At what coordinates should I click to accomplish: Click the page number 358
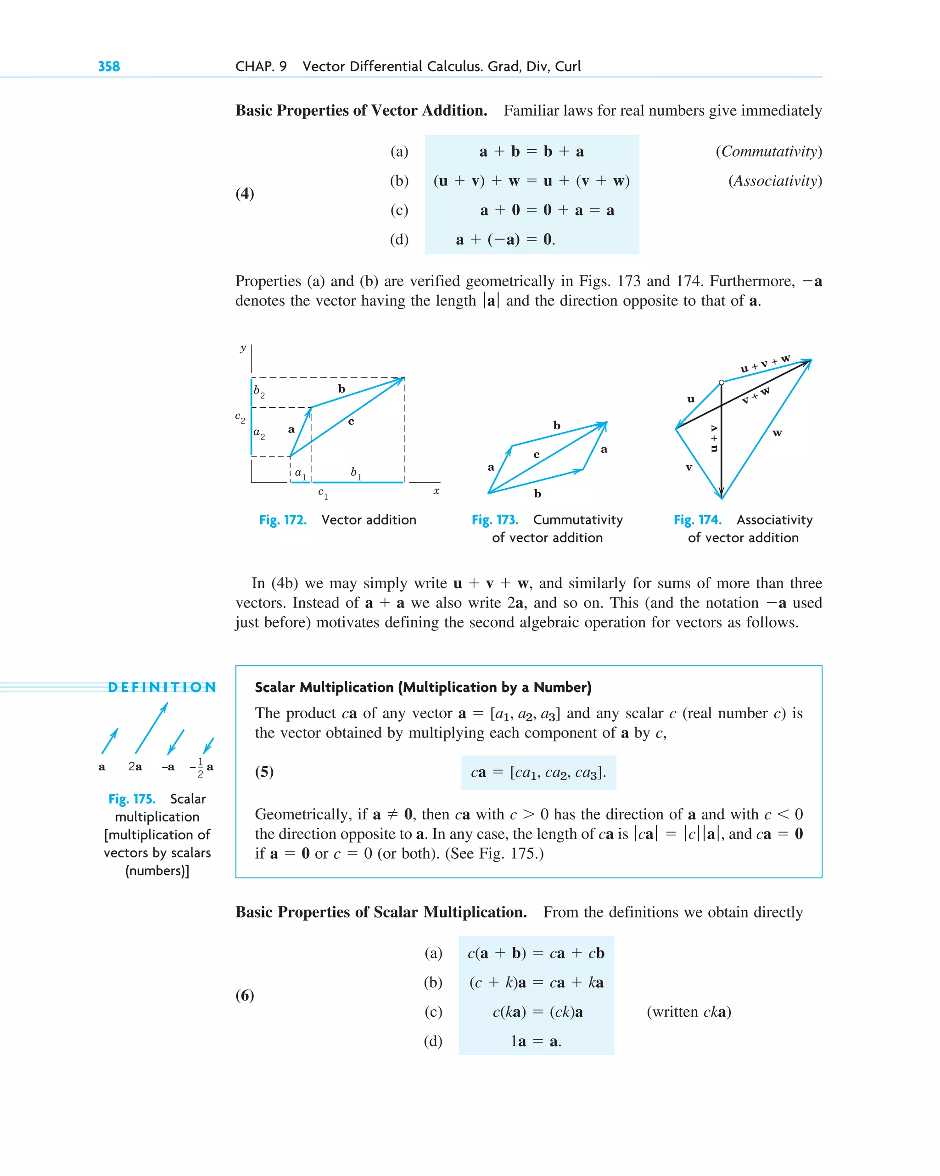click(x=109, y=67)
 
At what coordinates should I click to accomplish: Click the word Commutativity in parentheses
click(x=769, y=152)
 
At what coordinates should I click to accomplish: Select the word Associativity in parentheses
click(x=775, y=181)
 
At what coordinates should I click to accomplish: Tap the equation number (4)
click(x=245, y=194)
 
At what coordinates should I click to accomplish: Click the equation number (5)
click(x=264, y=772)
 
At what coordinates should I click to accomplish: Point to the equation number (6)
click(x=245, y=996)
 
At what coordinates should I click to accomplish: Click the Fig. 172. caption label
click(x=282, y=520)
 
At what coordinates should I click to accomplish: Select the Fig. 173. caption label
click(x=494, y=520)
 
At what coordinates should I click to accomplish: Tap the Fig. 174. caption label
click(x=697, y=520)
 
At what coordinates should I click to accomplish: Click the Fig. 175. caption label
click(x=131, y=799)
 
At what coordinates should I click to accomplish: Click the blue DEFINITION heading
click(x=162, y=687)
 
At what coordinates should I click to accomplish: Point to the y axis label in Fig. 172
click(x=243, y=348)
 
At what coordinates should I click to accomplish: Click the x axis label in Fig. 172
click(x=436, y=491)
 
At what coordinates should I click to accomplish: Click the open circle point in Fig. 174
click(x=722, y=383)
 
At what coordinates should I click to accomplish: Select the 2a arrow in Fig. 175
click(x=151, y=728)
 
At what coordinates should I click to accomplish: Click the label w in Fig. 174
click(x=778, y=433)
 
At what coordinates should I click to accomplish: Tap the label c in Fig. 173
click(x=537, y=454)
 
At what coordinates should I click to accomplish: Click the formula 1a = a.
click(x=536, y=1042)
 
